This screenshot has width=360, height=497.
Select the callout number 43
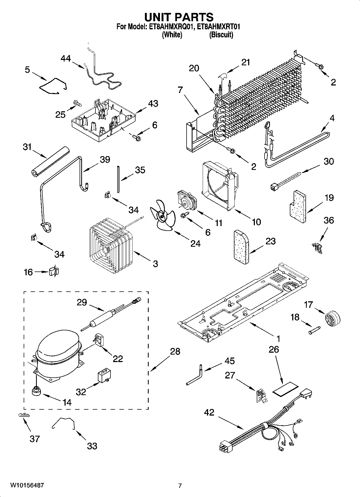pyautogui.click(x=153, y=103)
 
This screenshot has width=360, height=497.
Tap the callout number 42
pyautogui.click(x=209, y=413)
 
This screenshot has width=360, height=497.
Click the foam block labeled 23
pyautogui.click(x=242, y=247)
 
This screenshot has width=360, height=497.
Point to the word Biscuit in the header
pyautogui.click(x=221, y=35)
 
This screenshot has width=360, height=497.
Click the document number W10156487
pyautogui.click(x=27, y=485)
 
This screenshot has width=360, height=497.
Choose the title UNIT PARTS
pyautogui.click(x=179, y=17)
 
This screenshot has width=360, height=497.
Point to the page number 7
pyautogui.click(x=180, y=486)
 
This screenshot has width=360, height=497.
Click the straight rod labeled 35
pyautogui.click(x=118, y=179)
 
